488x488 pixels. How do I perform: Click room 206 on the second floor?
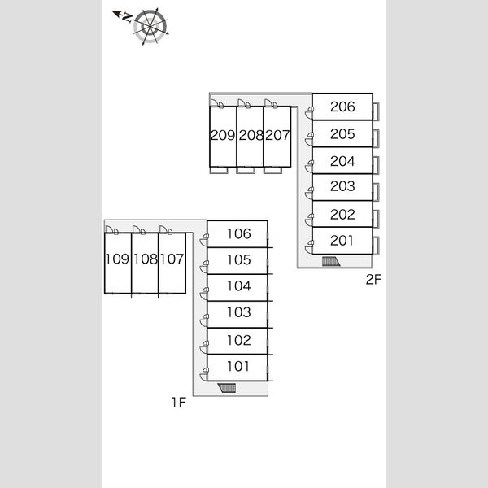[x=342, y=107]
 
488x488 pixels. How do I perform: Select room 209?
[x=223, y=137]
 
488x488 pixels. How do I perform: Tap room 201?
[x=342, y=241]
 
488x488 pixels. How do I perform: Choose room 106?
[x=237, y=234]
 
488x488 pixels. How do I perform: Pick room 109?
[x=118, y=263]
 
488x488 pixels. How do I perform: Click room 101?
[x=237, y=368]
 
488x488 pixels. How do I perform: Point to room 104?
[x=237, y=288]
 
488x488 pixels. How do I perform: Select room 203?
[x=342, y=187]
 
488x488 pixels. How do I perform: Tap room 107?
[x=172, y=263]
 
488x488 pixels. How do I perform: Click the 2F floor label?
[x=373, y=280]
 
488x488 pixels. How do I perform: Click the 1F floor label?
[x=179, y=403]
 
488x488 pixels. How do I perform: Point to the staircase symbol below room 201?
[x=331, y=261]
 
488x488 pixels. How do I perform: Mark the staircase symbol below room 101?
[x=227, y=388]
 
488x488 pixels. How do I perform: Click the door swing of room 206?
[x=309, y=112]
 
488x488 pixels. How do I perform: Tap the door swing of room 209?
[x=217, y=103]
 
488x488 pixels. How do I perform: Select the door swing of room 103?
[x=204, y=320]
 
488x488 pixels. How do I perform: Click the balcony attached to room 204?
[x=376, y=165]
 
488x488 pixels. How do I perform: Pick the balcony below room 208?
[x=246, y=170]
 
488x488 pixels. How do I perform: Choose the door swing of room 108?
[x=139, y=230]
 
